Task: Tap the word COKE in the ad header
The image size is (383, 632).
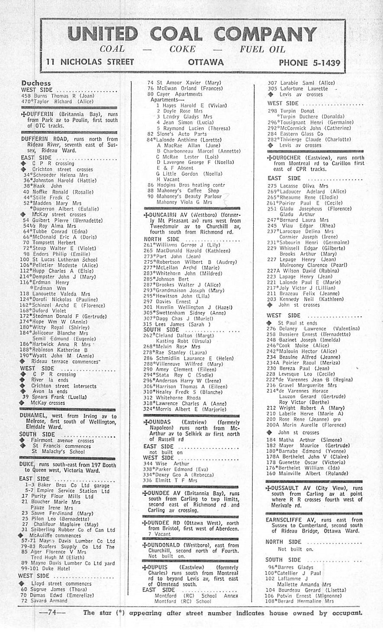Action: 182,49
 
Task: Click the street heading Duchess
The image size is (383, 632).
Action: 36,83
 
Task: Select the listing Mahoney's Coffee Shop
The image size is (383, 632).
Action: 183,190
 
